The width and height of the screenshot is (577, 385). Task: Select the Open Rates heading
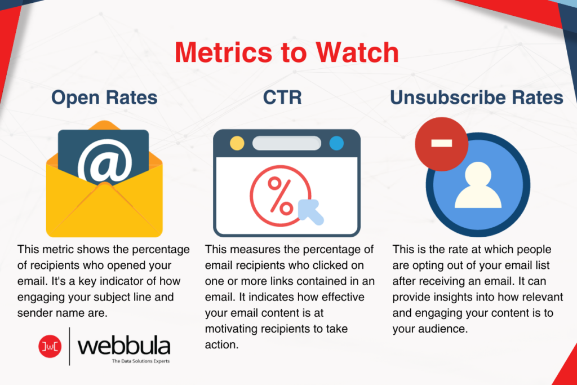click(x=104, y=98)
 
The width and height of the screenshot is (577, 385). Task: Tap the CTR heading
click(x=283, y=98)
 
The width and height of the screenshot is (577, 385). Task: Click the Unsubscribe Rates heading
click(x=477, y=98)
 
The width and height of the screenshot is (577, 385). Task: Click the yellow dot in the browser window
click(x=237, y=143)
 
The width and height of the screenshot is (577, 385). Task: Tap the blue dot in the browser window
click(x=336, y=143)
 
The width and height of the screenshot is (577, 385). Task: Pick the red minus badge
click(x=441, y=143)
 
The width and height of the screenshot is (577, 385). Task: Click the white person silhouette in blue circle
click(x=478, y=185)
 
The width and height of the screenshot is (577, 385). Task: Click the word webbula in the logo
click(x=124, y=344)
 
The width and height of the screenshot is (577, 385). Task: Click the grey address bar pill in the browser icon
click(x=286, y=143)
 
